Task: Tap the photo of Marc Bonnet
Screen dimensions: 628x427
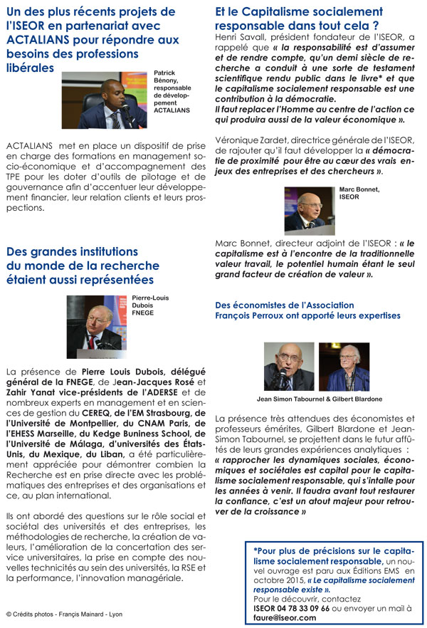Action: pos(310,209)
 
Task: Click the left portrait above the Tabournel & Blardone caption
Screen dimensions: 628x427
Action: pos(289,366)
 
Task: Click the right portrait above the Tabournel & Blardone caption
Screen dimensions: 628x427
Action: pos(343,366)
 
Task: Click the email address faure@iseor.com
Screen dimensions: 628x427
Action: pos(285,618)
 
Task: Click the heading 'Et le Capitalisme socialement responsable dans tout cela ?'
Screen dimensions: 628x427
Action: pos(299,18)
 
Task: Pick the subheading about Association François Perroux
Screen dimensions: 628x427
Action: pos(307,310)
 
